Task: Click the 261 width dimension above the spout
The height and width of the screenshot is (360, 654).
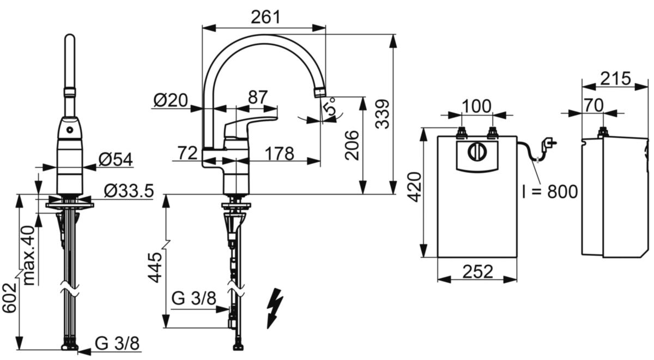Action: click(x=265, y=17)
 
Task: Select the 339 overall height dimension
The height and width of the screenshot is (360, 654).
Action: click(x=382, y=114)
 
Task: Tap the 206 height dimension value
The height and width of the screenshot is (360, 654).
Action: click(x=352, y=145)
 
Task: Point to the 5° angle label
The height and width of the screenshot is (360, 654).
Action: click(x=330, y=107)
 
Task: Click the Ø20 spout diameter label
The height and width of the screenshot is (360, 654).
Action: click(x=171, y=101)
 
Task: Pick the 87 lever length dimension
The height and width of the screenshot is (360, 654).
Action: click(x=258, y=97)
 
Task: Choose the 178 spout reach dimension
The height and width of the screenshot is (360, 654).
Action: click(x=280, y=154)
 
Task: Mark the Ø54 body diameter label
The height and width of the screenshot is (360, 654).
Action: click(x=116, y=159)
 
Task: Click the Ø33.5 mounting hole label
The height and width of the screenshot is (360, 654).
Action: click(x=129, y=191)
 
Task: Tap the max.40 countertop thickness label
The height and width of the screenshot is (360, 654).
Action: click(x=29, y=255)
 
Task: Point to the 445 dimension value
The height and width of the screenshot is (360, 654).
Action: click(x=154, y=267)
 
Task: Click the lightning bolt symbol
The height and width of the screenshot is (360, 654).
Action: click(x=275, y=308)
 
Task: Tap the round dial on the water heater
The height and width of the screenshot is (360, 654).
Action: click(x=477, y=151)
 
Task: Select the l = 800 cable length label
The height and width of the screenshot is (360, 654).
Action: click(x=550, y=192)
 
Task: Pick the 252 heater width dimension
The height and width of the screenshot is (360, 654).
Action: click(x=477, y=272)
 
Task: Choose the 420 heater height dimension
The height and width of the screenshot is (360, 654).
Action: click(x=415, y=187)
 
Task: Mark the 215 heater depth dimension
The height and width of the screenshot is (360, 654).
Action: click(x=615, y=78)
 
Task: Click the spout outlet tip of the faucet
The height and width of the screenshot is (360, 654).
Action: click(x=320, y=93)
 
